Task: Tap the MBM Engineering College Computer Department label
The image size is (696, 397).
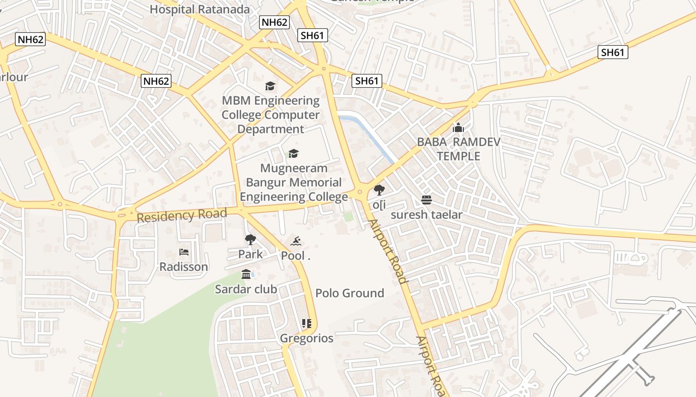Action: click(270, 115)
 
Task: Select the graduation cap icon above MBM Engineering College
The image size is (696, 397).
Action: click(270, 86)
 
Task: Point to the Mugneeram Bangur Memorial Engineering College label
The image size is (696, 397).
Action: click(294, 182)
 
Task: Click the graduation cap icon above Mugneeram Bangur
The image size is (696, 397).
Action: click(294, 154)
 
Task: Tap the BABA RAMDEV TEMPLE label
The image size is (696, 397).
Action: click(458, 149)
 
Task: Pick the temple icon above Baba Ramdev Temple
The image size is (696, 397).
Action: click(458, 128)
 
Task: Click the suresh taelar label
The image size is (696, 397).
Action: click(427, 215)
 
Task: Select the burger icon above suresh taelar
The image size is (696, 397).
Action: click(427, 200)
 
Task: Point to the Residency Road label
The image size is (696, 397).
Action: click(181, 215)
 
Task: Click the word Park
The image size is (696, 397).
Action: click(250, 255)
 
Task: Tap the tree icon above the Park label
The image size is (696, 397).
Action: click(250, 240)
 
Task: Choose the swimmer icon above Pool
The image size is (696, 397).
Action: click(296, 242)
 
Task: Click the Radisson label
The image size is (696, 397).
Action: click(183, 267)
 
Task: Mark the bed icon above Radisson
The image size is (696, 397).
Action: click(184, 252)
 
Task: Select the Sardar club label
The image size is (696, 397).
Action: click(246, 289)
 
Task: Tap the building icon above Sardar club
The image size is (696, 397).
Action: click(246, 274)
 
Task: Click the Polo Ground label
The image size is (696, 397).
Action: click(349, 293)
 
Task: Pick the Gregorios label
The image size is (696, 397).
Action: click(307, 338)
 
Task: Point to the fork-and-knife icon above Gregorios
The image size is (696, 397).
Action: click(306, 324)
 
